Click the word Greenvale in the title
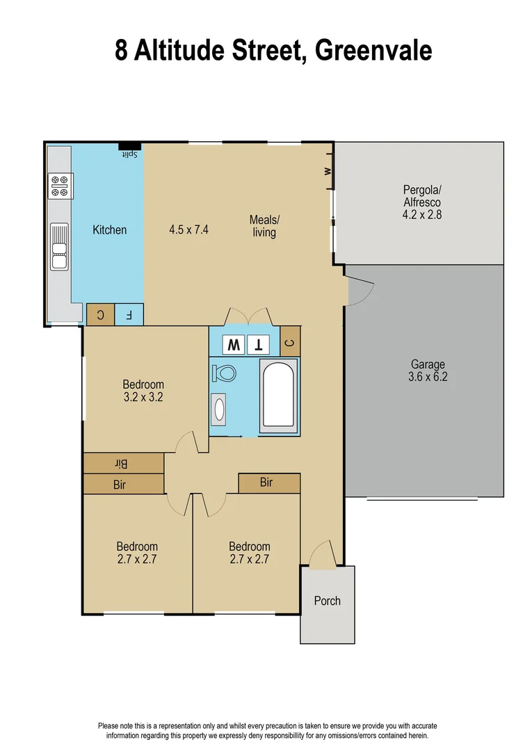click(373, 51)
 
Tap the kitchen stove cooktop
click(60, 186)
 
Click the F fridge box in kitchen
click(129, 315)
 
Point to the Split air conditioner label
click(129, 154)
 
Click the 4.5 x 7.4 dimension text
click(188, 229)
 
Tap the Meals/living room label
click(264, 226)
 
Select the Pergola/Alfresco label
click(421, 202)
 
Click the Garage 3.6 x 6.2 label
click(427, 371)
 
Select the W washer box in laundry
click(233, 344)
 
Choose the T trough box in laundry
click(259, 344)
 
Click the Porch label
click(327, 601)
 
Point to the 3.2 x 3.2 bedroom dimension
click(143, 398)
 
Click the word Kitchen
click(110, 229)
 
